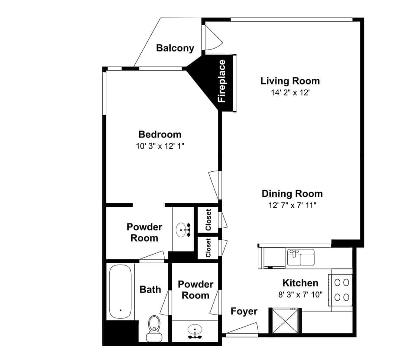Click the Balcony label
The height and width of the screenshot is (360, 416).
coord(175,48)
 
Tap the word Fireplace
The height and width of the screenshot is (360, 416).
coord(222,81)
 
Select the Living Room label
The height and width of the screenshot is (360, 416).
coord(290,81)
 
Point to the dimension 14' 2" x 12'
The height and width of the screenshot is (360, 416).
coord(290,92)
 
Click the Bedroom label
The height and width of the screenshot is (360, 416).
coord(160,134)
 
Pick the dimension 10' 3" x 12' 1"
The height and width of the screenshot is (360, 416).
coord(160,146)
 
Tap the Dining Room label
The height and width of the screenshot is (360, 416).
coord(292,193)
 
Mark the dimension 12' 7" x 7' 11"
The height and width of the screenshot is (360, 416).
coord(292,205)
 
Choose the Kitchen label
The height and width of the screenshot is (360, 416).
coord(300,283)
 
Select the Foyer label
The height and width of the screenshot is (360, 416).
coord(244,311)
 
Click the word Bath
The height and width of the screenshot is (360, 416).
coord(150,289)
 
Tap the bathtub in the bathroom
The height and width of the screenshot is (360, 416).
coord(120,292)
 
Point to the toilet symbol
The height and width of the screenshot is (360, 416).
coord(153,327)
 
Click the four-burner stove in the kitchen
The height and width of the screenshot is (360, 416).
coord(341,290)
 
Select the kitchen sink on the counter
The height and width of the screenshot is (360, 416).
coord(301,257)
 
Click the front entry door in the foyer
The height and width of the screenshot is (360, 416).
coord(242,330)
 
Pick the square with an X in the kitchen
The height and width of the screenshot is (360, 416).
coord(285,321)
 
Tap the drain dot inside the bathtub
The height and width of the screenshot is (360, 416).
coord(120,310)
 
